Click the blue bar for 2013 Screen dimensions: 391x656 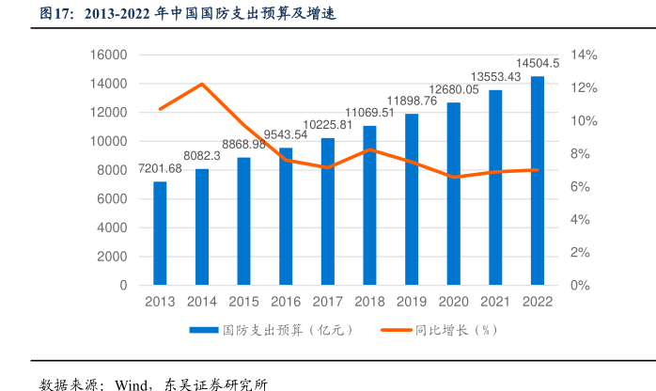[160, 233]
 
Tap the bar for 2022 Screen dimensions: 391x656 [537, 180]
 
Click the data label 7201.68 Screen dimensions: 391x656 [161, 168]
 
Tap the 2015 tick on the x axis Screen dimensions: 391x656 [243, 302]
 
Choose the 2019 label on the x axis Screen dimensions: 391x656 [411, 302]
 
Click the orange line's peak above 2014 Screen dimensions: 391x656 [202, 85]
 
